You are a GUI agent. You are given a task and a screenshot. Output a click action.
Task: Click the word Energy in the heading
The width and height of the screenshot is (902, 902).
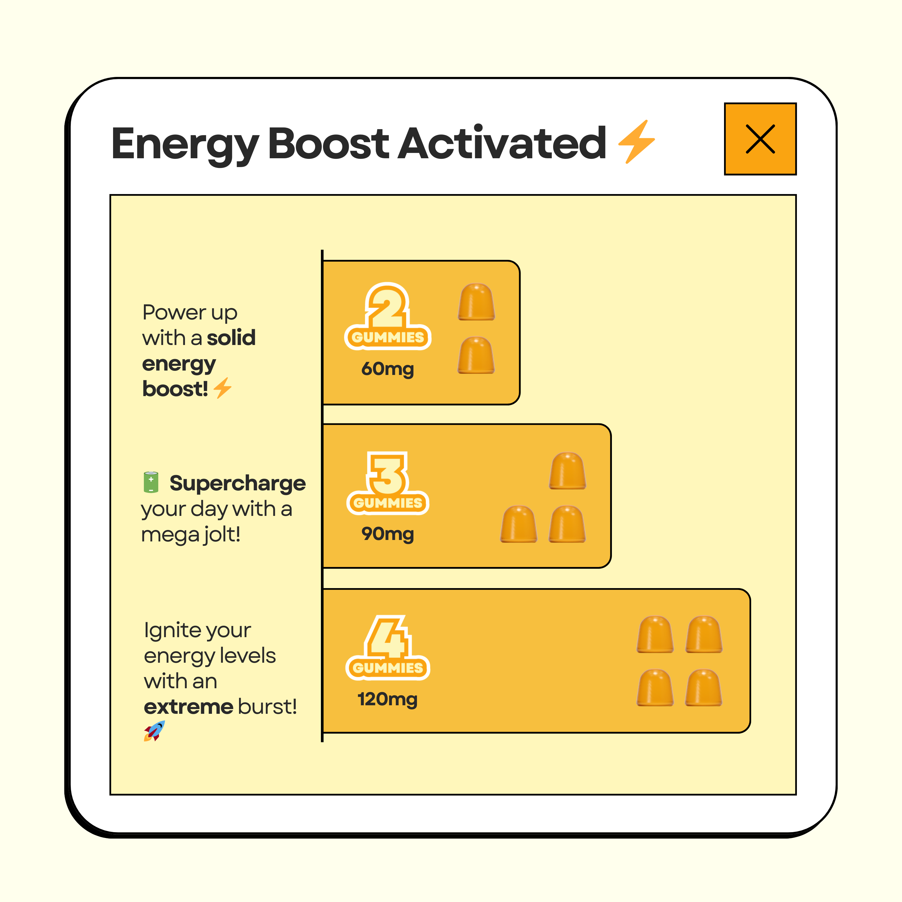pos(185,145)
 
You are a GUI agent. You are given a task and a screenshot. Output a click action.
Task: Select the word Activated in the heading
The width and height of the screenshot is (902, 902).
pos(502,142)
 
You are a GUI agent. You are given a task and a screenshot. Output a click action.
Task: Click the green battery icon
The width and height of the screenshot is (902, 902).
pos(151,482)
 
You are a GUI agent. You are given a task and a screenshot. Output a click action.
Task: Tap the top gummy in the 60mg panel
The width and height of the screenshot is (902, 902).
pos(476,302)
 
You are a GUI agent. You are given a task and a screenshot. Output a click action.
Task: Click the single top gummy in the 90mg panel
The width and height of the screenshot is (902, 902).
pos(567,471)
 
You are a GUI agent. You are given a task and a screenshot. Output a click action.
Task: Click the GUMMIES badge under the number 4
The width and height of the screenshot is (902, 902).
pos(388,668)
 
